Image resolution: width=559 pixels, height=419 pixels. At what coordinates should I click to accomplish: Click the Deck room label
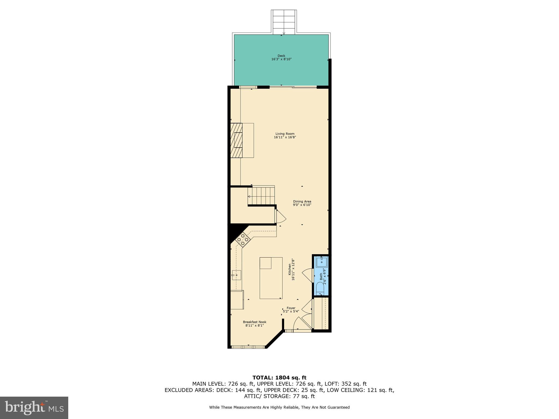tap(281, 57)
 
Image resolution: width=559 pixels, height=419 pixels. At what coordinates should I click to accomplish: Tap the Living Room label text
tap(285, 136)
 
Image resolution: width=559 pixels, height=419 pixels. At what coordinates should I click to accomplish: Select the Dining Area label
tap(302, 203)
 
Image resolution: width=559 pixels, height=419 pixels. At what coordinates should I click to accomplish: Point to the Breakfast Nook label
tap(254, 324)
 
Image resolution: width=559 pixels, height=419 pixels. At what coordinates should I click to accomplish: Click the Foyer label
tap(291, 310)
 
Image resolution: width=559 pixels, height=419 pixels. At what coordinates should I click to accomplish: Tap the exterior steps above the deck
tap(284, 22)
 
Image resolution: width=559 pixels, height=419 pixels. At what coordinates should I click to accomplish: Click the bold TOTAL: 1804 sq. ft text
tap(279, 378)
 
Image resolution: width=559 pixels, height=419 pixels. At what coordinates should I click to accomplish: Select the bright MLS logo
tap(34, 408)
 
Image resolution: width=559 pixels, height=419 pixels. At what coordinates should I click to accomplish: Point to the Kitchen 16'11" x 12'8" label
tap(292, 270)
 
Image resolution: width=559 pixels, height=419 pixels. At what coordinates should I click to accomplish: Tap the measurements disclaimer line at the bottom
tap(279, 407)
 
